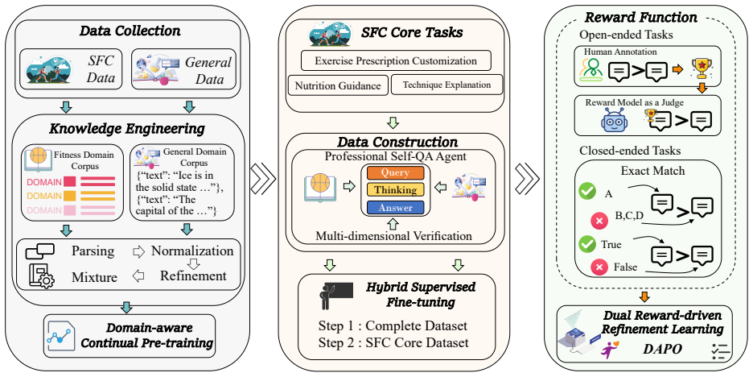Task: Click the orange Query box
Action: tap(395, 172)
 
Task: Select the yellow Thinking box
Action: tap(395, 190)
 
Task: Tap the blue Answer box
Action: tap(395, 208)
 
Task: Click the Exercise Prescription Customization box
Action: tap(396, 61)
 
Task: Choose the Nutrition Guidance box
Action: tap(338, 85)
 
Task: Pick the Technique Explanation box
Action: tap(446, 85)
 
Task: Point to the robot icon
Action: tap(614, 119)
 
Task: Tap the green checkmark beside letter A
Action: tap(586, 191)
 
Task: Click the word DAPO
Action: tap(662, 349)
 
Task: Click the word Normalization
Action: tap(192, 251)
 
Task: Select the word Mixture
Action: tap(95, 277)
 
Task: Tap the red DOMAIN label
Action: tap(45, 182)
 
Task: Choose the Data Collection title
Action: tap(130, 31)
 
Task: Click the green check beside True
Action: tap(586, 244)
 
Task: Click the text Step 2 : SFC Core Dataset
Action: tap(393, 343)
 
